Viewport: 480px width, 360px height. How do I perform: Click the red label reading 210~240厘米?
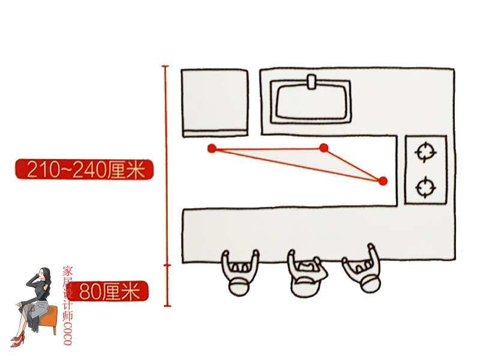click(84, 170)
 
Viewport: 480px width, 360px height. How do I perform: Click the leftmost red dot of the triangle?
click(211, 148)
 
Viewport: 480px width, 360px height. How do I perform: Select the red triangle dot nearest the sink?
click(324, 148)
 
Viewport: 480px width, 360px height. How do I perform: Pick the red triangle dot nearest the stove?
click(383, 181)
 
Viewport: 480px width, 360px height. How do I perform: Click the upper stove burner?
click(425, 152)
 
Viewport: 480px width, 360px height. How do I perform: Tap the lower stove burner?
click(425, 187)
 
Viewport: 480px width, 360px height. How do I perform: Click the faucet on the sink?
click(311, 82)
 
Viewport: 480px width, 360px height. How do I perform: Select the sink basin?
click(311, 102)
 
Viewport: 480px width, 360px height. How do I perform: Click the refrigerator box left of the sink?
click(215, 102)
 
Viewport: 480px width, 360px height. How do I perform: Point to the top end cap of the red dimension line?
click(166, 66)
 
